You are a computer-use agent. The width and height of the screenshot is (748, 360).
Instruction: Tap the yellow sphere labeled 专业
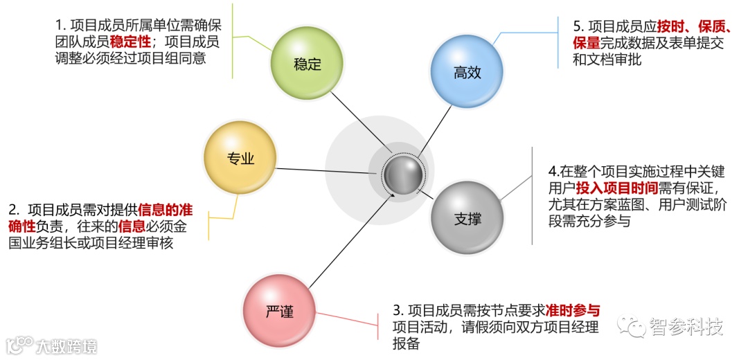[240, 159]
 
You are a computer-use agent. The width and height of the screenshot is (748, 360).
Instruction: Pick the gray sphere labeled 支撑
[467, 219]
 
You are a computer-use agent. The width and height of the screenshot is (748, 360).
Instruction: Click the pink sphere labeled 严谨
[279, 312]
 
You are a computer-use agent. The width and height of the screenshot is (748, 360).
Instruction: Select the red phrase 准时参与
[573, 310]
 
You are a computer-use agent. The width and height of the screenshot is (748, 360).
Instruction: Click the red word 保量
[585, 44]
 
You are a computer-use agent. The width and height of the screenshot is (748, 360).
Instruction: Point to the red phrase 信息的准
[165, 210]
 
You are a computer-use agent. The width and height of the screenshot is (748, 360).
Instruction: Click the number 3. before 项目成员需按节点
[398, 310]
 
